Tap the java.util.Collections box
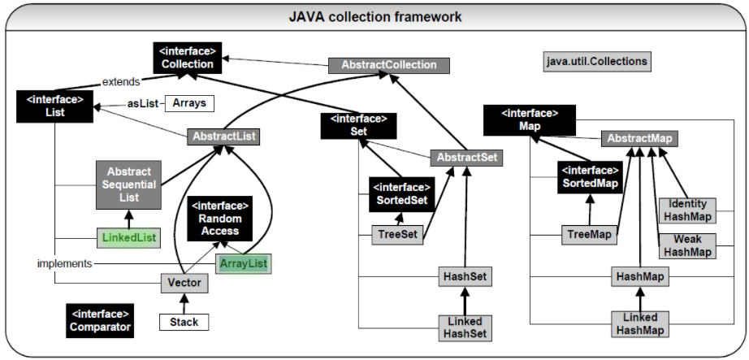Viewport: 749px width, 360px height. pyautogui.click(x=597, y=62)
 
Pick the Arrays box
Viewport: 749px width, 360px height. pyautogui.click(x=188, y=103)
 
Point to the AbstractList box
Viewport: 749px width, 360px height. pyautogui.click(x=223, y=137)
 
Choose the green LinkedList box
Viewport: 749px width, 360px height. pyautogui.click(x=128, y=238)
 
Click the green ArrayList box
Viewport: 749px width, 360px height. pyautogui.click(x=243, y=263)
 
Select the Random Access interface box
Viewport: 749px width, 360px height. pyautogui.click(x=219, y=219)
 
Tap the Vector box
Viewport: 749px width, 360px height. pyautogui.click(x=185, y=284)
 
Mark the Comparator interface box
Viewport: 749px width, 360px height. pyautogui.click(x=98, y=320)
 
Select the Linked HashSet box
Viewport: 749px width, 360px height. pyautogui.click(x=464, y=327)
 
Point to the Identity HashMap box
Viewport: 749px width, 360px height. pyautogui.click(x=687, y=210)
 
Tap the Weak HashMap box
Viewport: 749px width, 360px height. pyautogui.click(x=687, y=245)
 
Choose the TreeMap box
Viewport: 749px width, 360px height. pyautogui.click(x=589, y=235)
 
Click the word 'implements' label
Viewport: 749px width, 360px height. pyautogui.click(x=63, y=264)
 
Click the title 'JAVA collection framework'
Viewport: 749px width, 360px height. pyautogui.click(x=374, y=16)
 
